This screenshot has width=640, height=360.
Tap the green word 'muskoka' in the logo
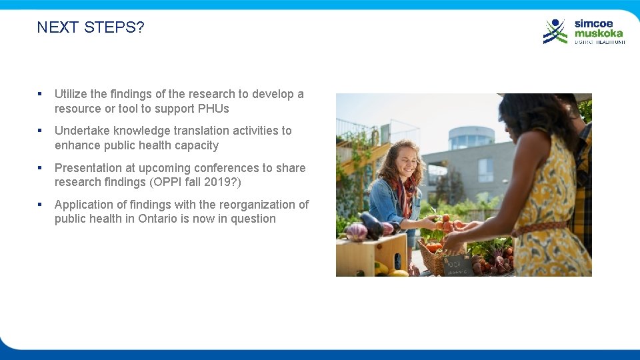[x=599, y=33]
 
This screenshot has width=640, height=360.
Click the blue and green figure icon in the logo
[x=555, y=31]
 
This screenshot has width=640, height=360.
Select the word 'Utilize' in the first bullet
[x=73, y=94]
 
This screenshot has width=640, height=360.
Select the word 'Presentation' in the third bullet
[x=86, y=168]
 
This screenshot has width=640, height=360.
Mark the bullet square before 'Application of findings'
[x=41, y=205]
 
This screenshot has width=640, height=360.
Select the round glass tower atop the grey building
[x=471, y=137]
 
